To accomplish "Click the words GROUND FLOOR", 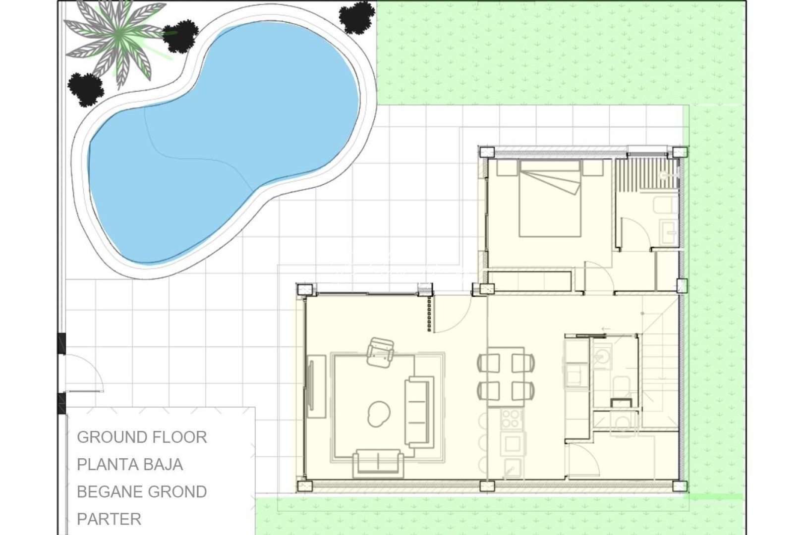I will (142, 437).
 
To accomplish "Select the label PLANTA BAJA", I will (130, 465).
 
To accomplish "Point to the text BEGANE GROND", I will (142, 492).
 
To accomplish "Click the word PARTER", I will (109, 519).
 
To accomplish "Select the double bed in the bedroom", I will (550, 198).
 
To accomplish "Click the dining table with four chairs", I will (506, 376).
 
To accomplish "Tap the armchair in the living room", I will (380, 352).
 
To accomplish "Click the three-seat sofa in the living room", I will (419, 411).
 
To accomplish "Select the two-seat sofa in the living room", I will (377, 462).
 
